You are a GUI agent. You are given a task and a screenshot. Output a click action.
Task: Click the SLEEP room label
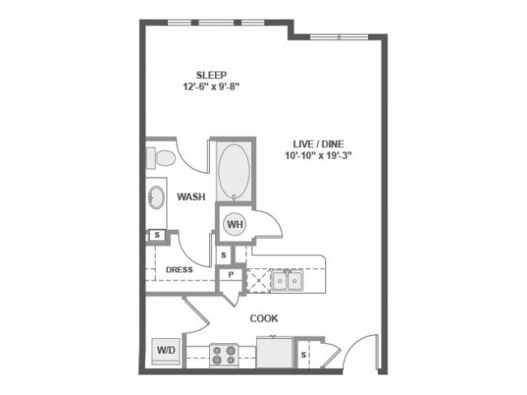[211, 75]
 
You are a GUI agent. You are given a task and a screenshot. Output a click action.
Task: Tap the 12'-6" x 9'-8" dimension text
[211, 86]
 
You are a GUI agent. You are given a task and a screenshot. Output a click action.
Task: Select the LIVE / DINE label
[319, 144]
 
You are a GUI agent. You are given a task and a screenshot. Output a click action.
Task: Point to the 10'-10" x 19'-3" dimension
[319, 156]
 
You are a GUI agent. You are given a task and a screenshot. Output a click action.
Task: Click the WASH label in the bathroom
[191, 197]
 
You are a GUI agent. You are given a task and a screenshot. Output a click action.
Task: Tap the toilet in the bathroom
[161, 158]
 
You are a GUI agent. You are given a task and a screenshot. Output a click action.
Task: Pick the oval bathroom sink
[156, 197]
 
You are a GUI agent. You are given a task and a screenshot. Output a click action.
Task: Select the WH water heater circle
[235, 224]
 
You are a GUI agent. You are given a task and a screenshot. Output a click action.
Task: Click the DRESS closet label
[180, 270]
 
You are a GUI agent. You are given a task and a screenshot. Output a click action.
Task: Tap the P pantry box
[231, 275]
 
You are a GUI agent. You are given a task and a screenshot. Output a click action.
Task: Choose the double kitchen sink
[287, 280]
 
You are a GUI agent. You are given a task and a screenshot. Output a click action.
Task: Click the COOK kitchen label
[263, 318]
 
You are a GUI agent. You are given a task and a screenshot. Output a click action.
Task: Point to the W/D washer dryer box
[166, 351]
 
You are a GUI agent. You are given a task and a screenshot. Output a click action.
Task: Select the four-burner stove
[224, 355]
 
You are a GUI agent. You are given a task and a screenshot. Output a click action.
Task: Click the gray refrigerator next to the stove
[274, 352]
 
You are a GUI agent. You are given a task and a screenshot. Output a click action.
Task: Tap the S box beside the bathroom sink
[157, 235]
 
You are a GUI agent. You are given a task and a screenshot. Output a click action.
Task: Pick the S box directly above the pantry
[224, 255]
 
